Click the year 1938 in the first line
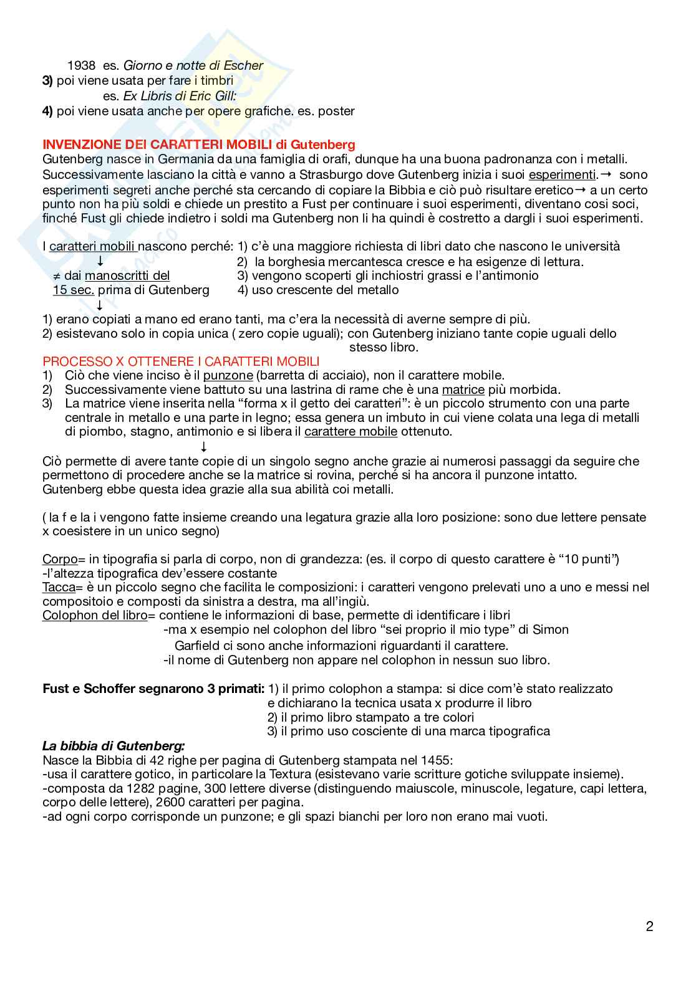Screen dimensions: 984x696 pos(81,65)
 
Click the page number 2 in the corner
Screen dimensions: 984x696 pos(649,926)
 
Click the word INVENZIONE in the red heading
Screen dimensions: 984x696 pos(82,145)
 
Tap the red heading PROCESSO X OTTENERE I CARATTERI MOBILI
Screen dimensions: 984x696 pos(181,361)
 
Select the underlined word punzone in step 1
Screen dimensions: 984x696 pos(228,376)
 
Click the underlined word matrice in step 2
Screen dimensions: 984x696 pos(463,390)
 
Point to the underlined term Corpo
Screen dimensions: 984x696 pos(60,560)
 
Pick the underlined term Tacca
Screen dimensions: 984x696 pos(59,588)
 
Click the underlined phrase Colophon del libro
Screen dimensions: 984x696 pos(95,616)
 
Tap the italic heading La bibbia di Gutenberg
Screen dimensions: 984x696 pos(114,746)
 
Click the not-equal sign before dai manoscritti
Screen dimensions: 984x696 pos(57,275)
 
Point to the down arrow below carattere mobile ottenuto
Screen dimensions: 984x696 pos(203,447)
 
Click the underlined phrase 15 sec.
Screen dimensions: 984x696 pos(74,290)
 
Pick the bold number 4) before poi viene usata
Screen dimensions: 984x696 pos(47,112)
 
